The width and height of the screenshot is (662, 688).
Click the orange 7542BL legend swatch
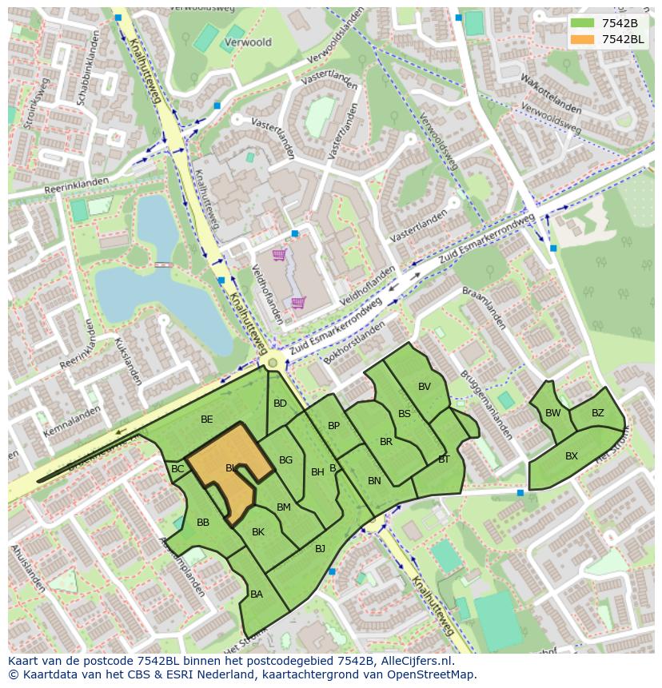coord(583,39)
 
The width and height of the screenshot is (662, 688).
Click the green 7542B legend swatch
coord(583,23)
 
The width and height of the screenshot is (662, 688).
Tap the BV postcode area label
coord(424,387)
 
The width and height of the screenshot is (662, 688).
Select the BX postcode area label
coord(572,456)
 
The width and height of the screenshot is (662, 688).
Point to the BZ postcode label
coord(597,413)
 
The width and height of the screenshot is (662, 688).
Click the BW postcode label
coord(552,413)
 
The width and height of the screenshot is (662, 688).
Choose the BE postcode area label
coord(207,420)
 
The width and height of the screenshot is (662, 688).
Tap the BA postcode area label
coord(257,595)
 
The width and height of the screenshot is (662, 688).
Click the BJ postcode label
coord(320,548)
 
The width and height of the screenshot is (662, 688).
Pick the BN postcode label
coord(374,481)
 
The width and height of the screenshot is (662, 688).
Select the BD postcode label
coord(280,404)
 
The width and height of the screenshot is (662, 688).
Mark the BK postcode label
coord(258,532)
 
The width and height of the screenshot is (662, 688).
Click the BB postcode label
coord(203,523)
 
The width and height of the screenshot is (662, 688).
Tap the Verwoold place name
coord(248,42)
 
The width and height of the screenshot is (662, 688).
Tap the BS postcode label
coord(404,414)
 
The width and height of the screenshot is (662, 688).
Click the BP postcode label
coord(333,426)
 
